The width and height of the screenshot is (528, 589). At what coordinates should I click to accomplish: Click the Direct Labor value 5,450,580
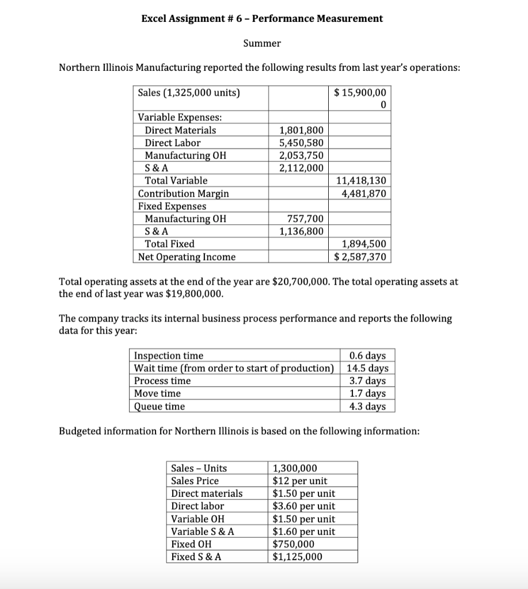pos(301,143)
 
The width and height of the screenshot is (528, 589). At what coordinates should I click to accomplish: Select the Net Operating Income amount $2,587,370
pos(360,257)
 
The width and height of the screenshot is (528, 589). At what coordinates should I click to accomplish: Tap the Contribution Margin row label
pos(183,193)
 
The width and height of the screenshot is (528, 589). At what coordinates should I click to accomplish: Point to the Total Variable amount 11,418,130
pos(360,181)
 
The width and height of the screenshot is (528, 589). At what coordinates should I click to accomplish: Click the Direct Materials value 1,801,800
pos(301,130)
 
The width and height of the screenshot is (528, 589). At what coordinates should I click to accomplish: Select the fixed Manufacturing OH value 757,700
pos(305,219)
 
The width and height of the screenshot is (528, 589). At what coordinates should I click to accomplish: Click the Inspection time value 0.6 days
pos(368,355)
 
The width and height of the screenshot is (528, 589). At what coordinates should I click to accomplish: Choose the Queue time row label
pos(159,406)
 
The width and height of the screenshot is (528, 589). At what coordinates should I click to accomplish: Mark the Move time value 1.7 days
pos(368,393)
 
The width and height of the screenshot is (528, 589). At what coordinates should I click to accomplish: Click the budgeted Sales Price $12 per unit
pos(299,481)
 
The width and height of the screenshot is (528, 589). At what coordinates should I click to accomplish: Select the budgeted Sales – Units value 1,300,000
pos(295,468)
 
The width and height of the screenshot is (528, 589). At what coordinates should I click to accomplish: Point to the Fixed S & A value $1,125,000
pos(297,557)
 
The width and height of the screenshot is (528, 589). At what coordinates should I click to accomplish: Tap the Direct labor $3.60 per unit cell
pos(303,506)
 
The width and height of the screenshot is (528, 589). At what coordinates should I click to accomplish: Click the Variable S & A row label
pos(203,531)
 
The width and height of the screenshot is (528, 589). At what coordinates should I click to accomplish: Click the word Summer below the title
pos(261,43)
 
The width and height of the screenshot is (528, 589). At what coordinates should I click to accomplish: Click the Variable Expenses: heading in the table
pos(180,117)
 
